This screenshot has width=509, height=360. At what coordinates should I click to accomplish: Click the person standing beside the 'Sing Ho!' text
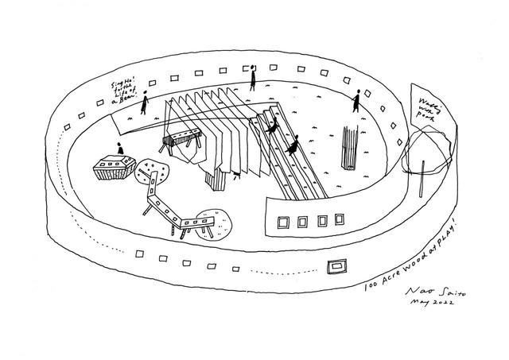tap(145, 103)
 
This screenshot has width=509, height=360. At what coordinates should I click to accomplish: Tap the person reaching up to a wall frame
tap(253, 78)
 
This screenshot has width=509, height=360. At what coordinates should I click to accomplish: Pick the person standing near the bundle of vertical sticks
tap(356, 101)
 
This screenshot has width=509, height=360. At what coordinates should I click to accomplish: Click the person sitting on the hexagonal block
tap(119, 149)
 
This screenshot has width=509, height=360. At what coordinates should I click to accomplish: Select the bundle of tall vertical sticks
tap(348, 147)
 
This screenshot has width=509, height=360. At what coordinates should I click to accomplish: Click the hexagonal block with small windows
tap(111, 168)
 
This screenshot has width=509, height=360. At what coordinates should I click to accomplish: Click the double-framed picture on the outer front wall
tap(338, 264)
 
